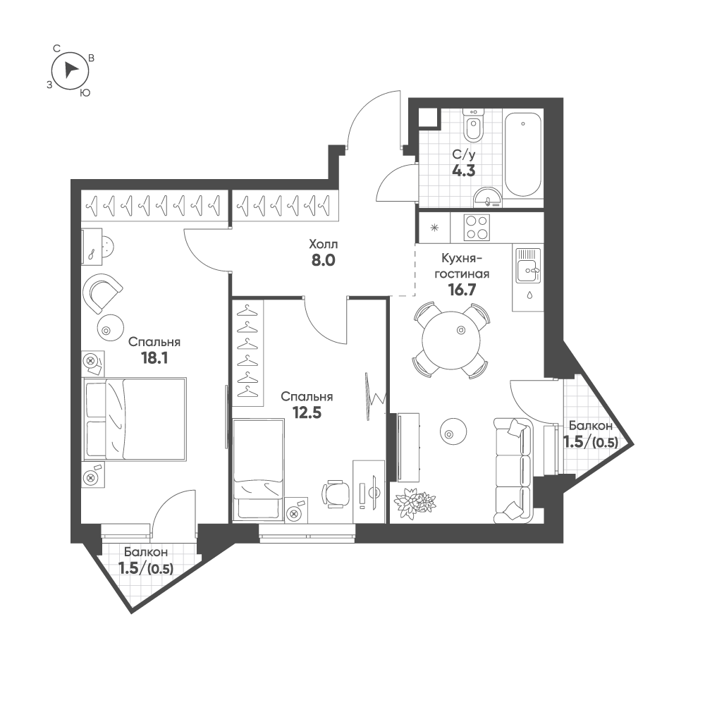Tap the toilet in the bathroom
click(472, 128)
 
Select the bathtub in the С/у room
click(522, 153)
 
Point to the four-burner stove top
click(477, 228)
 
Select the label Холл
click(324, 244)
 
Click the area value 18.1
click(154, 357)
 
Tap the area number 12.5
click(307, 412)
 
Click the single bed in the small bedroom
click(257, 469)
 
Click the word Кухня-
click(461, 258)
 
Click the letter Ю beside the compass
click(85, 92)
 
